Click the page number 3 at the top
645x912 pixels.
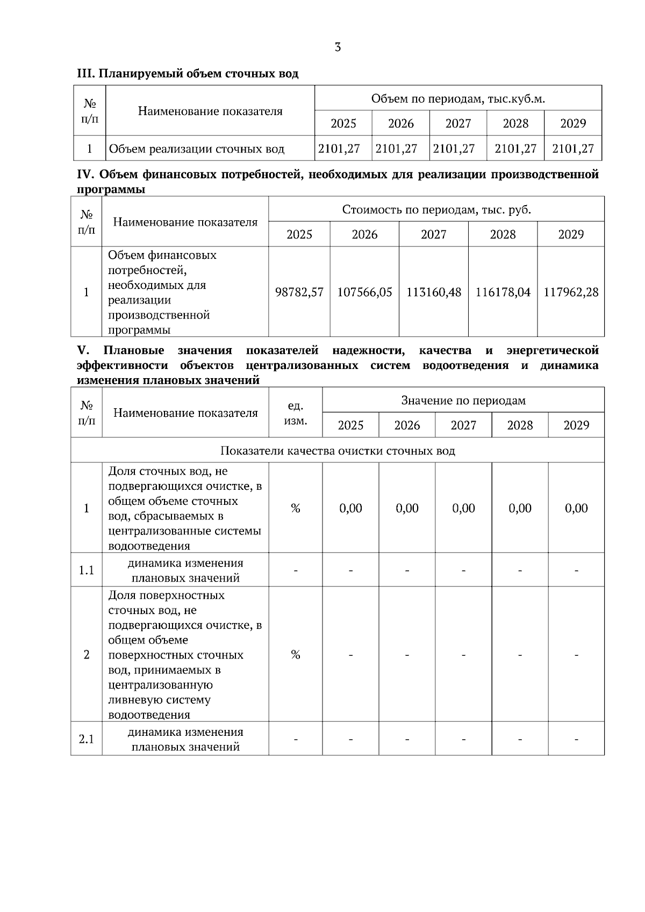coord(338,47)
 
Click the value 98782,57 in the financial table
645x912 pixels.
coord(299,292)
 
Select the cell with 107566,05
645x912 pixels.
coord(364,292)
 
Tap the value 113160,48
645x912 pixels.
coord(434,292)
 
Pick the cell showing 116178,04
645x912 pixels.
coord(503,292)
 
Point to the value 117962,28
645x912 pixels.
coord(571,292)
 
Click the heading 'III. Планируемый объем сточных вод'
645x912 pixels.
coord(188,74)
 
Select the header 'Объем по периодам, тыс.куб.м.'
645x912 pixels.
coord(458,99)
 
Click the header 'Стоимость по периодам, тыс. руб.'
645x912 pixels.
coord(436,209)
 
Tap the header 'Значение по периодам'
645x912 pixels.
coord(463,400)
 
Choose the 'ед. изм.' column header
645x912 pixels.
coord(295,412)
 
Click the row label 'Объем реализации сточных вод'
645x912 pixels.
coord(197,149)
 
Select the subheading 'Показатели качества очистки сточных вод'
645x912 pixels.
coord(338,451)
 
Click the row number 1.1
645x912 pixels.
coord(87,570)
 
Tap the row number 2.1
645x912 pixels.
coord(87,739)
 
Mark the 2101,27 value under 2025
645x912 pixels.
coord(339,149)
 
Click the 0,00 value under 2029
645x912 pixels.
coord(576,508)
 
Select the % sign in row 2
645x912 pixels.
coord(295,654)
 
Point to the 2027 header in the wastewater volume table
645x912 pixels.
coord(458,124)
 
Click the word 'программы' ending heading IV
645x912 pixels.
coord(111,190)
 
